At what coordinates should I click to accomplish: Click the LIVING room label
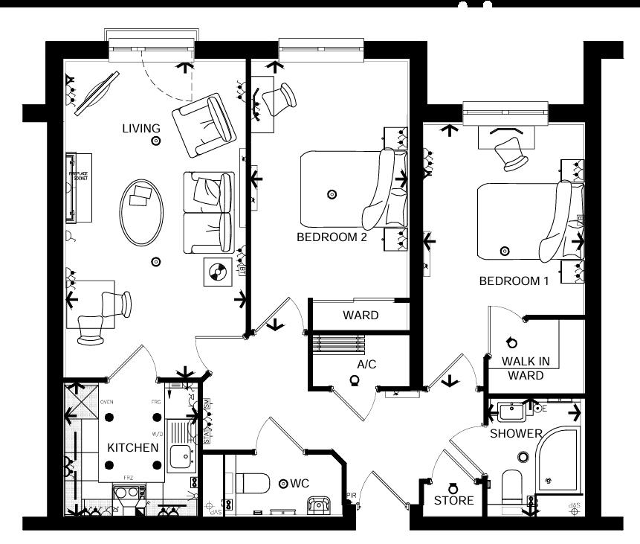(x=141, y=129)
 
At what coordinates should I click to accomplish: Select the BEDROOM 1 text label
(x=514, y=281)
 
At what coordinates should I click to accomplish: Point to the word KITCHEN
(x=133, y=447)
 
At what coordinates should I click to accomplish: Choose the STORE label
(x=454, y=500)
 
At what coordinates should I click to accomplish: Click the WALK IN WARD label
(x=526, y=368)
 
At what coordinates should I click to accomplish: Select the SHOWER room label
(x=515, y=433)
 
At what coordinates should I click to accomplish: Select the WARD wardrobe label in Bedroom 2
(x=361, y=315)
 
